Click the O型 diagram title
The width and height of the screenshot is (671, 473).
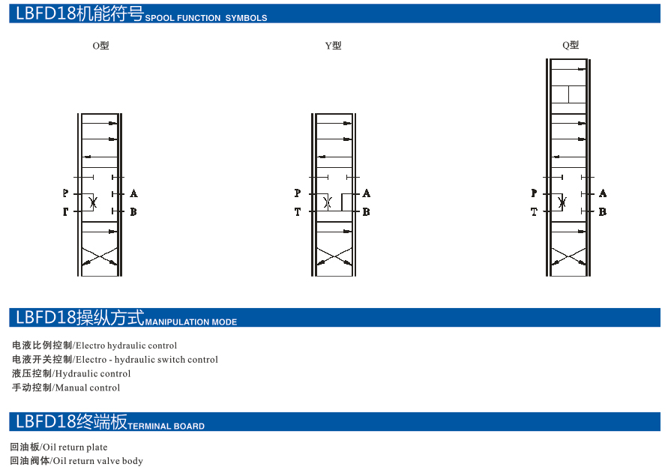[100, 46]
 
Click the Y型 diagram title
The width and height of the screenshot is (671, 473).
[333, 46]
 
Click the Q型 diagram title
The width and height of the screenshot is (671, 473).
[571, 45]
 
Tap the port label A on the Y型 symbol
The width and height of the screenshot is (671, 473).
[367, 193]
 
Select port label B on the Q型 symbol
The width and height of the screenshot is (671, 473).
[603, 212]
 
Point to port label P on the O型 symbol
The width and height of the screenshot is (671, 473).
[65, 193]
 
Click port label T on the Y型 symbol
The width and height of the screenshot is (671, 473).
[298, 212]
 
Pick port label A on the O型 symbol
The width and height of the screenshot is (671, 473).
[134, 193]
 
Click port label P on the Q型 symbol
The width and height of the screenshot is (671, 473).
[534, 193]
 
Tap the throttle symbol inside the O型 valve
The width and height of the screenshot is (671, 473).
[93, 202]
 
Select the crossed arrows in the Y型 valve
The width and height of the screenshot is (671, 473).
[334, 257]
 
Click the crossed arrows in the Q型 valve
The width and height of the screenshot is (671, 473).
[568, 257]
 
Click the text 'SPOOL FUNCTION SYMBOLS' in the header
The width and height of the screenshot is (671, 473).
[206, 18]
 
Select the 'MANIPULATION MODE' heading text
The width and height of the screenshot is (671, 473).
[191, 322]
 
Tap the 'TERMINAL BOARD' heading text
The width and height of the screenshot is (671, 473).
[166, 427]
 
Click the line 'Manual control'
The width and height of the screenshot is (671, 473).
[88, 388]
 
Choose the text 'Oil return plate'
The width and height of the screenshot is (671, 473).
[75, 448]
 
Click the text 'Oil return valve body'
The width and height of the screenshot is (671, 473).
[98, 461]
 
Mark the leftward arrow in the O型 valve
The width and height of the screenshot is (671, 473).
[100, 157]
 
